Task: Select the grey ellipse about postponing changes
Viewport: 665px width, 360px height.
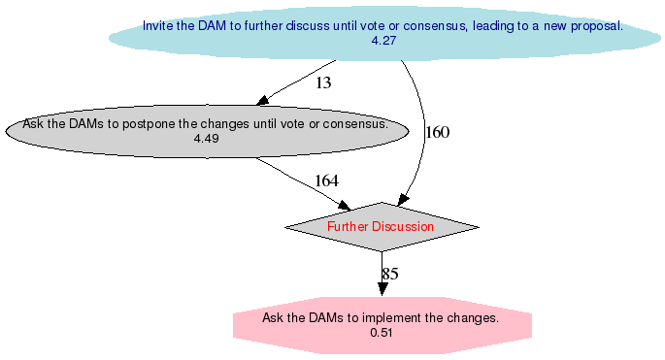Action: point(206,132)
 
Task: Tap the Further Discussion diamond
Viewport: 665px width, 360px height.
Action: point(382,226)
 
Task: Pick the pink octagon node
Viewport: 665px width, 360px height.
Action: point(382,324)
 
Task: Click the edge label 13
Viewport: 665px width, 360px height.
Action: point(323,83)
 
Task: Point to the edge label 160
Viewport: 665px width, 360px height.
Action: point(438,133)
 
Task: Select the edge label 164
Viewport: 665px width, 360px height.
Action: point(326,181)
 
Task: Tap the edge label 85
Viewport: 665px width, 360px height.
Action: point(389,274)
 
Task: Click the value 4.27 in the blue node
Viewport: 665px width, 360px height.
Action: point(382,41)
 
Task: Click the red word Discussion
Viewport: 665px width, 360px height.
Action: point(405,226)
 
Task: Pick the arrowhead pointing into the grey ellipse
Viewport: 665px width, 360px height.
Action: point(262,101)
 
